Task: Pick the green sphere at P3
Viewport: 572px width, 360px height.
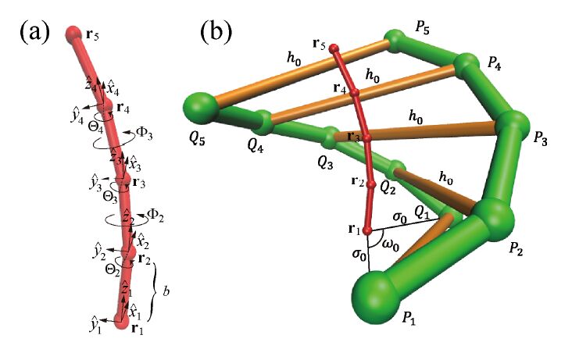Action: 513,124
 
